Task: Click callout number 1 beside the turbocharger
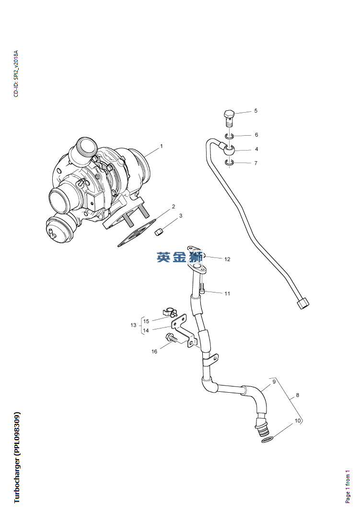[161, 146]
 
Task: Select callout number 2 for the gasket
[174, 207]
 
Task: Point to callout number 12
[227, 259]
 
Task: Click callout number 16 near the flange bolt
[154, 351]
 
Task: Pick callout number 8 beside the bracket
[297, 395]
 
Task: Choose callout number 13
[133, 325]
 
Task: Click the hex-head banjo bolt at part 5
[229, 117]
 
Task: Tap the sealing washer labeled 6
[230, 136]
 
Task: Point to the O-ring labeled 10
[268, 439]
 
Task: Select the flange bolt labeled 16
[171, 338]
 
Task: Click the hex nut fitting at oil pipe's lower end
[303, 303]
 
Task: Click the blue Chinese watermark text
[180, 257]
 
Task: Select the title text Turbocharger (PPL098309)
[17, 457]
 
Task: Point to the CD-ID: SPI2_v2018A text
[16, 73]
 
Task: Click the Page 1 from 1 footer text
[348, 486]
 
